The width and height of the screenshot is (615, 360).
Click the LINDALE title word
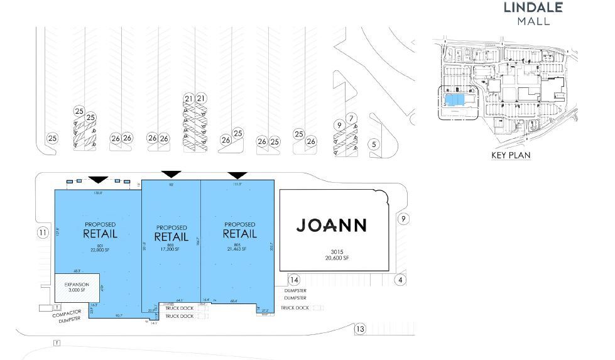pos(533,8)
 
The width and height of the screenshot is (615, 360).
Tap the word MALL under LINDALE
pos(533,21)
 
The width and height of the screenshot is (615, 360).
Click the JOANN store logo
pos(331,225)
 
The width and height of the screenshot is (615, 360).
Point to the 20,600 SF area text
pos(330,258)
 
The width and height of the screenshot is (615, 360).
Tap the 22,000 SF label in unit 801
pos(100,251)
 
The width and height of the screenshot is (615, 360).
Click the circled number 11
pos(43,233)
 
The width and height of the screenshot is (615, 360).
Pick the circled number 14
pos(293,280)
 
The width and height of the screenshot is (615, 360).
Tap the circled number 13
pos(360,329)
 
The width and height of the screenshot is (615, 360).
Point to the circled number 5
pos(375,145)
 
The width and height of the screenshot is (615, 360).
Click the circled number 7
pos(351,118)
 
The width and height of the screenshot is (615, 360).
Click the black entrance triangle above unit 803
pos(171,174)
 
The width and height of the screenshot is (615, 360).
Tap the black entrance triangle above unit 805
pos(237,175)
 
